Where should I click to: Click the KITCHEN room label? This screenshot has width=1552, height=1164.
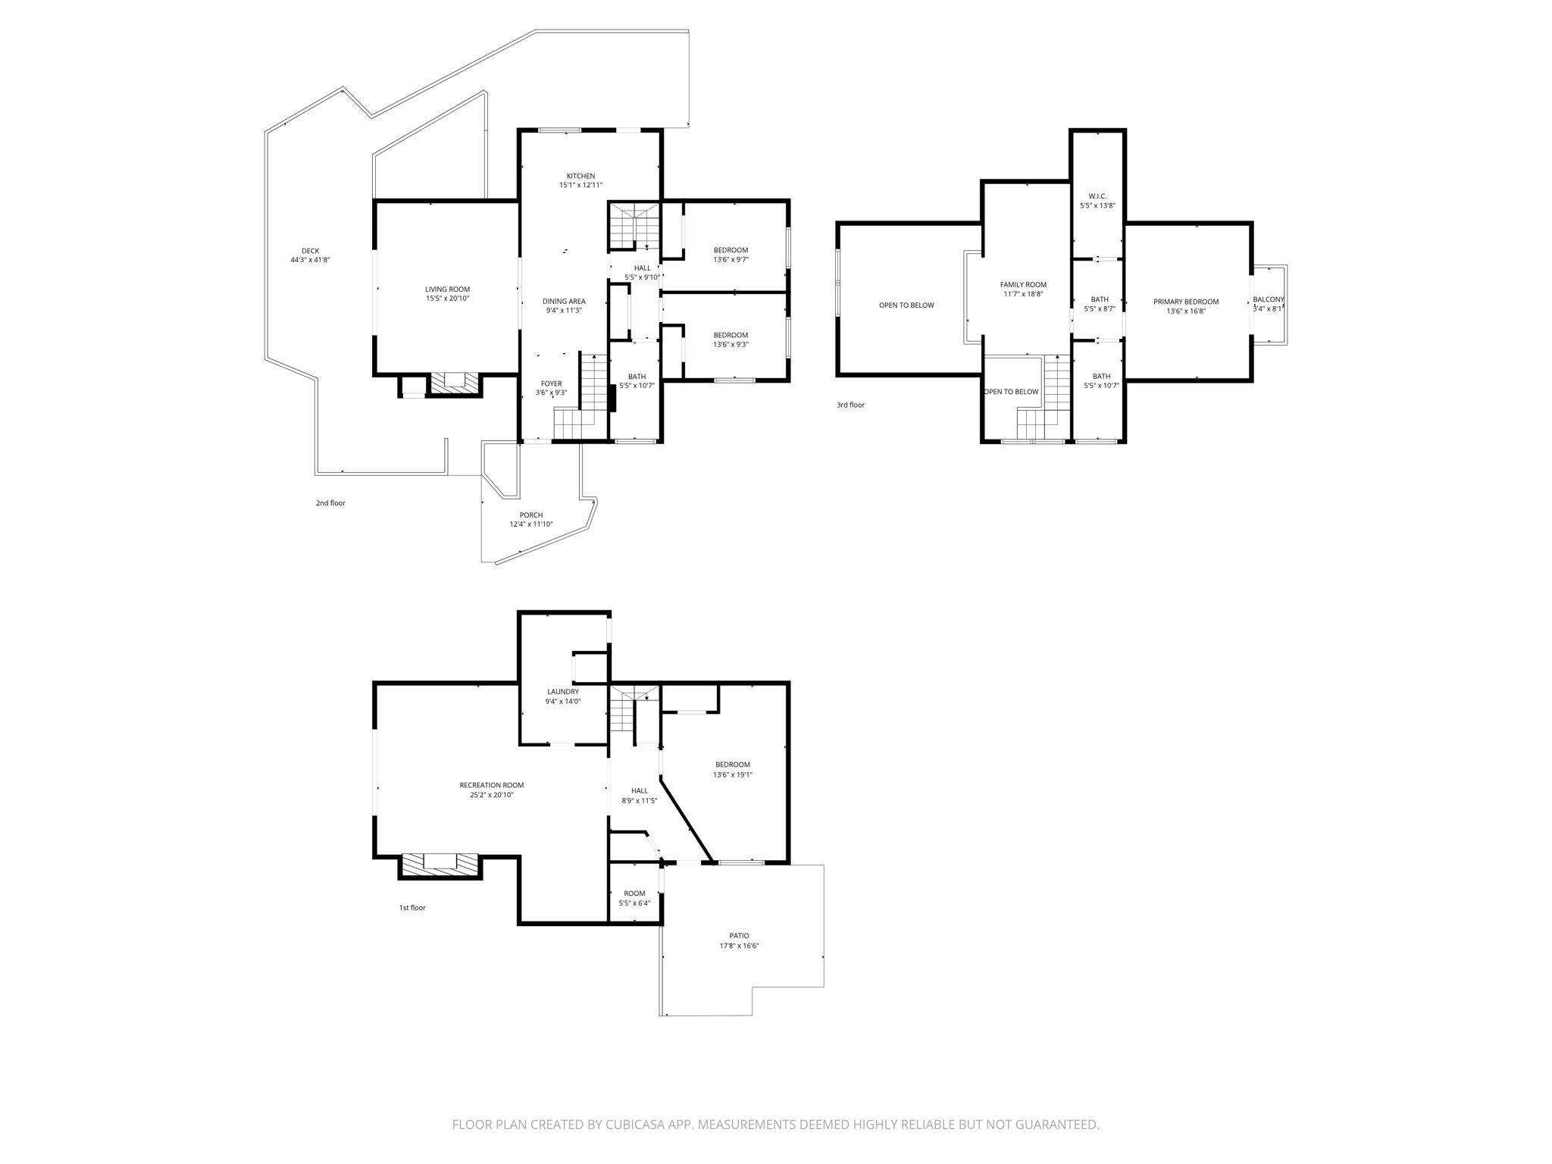click(580, 177)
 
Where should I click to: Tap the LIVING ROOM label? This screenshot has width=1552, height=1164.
click(447, 289)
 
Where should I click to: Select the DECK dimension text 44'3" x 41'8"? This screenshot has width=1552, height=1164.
click(310, 260)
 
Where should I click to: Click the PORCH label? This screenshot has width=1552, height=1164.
click(530, 515)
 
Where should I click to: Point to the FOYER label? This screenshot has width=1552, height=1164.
click(551, 383)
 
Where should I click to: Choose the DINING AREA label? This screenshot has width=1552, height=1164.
click(564, 302)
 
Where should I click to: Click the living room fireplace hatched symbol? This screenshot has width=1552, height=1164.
click(455, 384)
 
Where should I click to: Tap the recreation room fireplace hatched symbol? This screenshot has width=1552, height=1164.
click(440, 865)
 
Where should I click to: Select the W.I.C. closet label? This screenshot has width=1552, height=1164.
click(1097, 196)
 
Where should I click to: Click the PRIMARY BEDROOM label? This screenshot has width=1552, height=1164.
click(1185, 302)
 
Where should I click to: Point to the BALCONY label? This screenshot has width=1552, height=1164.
click(1268, 299)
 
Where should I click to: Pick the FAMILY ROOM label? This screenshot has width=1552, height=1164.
click(1023, 285)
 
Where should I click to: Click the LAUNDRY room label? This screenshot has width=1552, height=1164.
click(563, 692)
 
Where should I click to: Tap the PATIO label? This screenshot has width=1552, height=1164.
click(739, 936)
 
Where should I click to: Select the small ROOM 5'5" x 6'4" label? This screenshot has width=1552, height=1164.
click(634, 893)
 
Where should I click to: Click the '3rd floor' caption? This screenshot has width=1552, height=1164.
click(850, 405)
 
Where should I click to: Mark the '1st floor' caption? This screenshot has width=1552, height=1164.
click(412, 908)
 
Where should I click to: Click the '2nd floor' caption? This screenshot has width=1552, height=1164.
click(330, 503)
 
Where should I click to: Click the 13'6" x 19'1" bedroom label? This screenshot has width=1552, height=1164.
click(732, 774)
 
